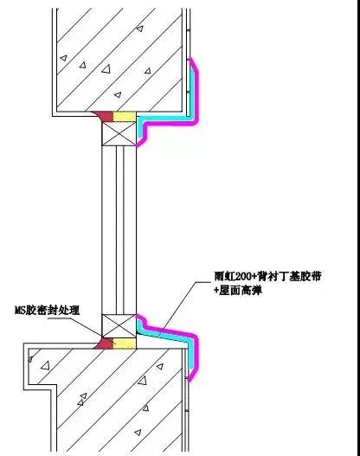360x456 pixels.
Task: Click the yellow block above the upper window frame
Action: (x=124, y=117)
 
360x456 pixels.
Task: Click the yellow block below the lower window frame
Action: (x=124, y=344)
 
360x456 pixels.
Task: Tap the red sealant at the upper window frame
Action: (x=103, y=116)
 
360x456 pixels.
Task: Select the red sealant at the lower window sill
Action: (x=104, y=344)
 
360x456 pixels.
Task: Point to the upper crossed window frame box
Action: (x=119, y=133)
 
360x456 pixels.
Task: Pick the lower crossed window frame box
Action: (x=119, y=326)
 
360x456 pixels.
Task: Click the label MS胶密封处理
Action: (x=47, y=310)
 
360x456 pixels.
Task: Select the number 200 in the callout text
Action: (x=244, y=276)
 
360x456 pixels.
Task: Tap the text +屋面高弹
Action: (x=238, y=290)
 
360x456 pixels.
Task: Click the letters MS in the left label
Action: (x=21, y=311)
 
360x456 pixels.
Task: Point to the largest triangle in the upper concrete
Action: (x=106, y=69)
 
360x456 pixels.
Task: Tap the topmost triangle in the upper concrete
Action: (x=140, y=29)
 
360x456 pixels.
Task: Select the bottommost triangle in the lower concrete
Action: (x=138, y=433)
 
